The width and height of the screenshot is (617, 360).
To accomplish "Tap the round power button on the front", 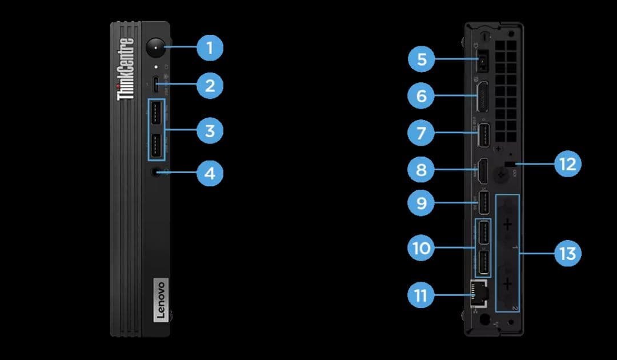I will (155, 47).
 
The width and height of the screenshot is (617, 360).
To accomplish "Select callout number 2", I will (210, 86).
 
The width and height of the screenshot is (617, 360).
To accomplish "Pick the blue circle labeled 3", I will (210, 131).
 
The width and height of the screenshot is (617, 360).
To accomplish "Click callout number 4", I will (210, 173).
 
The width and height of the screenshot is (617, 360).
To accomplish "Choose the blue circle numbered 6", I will (422, 95).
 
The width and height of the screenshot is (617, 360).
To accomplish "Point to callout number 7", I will (422, 134).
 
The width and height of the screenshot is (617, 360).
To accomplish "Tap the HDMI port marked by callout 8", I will (482, 170).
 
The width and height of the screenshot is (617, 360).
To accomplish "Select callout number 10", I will (422, 249).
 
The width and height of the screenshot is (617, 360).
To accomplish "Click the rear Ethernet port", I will (475, 292).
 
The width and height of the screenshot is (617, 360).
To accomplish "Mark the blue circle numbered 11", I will (422, 295).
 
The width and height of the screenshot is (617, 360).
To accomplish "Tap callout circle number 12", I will (567, 164).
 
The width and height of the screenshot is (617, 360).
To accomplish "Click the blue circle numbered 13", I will (567, 253).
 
